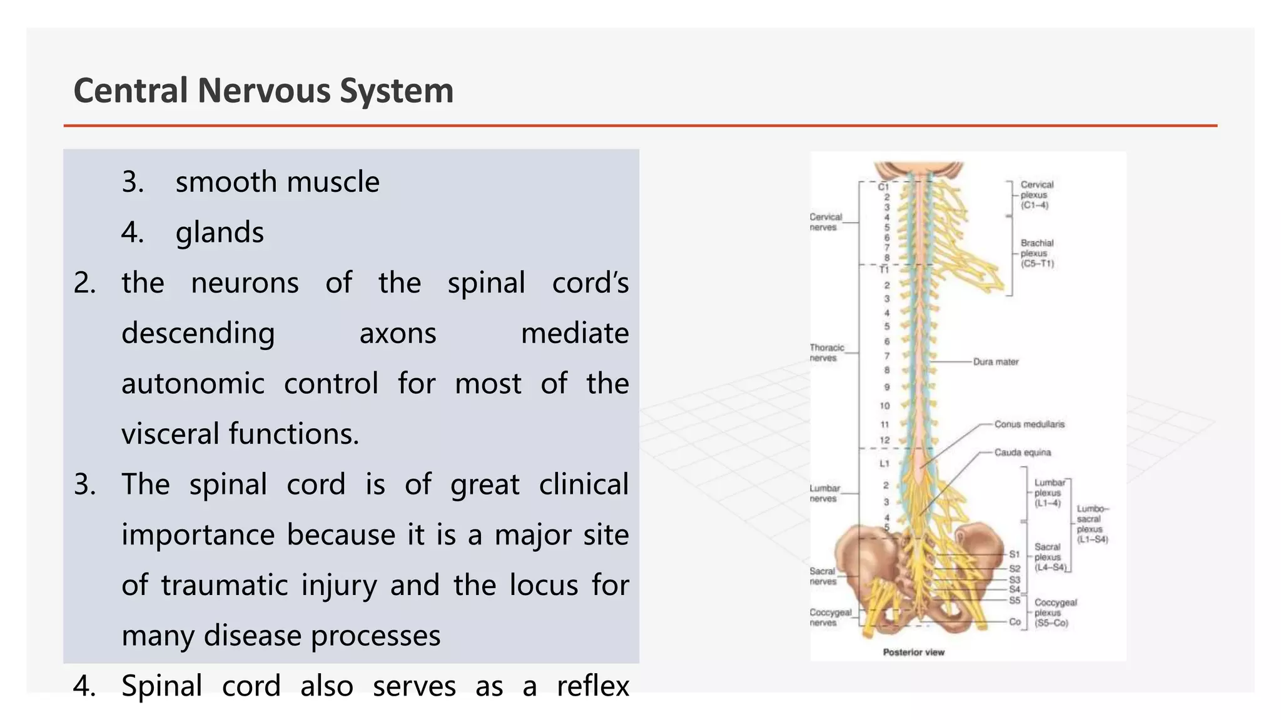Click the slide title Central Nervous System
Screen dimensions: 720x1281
point(263,91)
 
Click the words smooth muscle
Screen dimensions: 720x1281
point(277,182)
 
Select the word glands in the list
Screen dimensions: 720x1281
point(220,232)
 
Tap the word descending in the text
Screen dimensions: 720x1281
point(198,333)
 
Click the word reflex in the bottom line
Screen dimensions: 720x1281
point(592,686)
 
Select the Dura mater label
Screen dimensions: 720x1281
point(995,362)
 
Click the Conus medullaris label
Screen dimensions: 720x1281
point(1029,424)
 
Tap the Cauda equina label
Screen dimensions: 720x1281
point(1022,452)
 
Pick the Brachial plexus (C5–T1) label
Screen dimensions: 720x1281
point(1037,253)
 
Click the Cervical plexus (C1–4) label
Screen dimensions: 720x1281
point(1036,194)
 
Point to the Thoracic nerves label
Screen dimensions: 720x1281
point(826,352)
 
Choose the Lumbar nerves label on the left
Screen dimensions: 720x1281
point(824,493)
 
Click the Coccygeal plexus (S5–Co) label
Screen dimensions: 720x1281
point(1055,612)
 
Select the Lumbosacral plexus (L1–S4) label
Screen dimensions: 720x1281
point(1091,524)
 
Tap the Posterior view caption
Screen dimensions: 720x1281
point(913,652)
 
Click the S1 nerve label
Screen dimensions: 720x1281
point(1014,554)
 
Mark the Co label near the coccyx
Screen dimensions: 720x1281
point(1015,622)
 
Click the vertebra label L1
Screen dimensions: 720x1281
point(884,464)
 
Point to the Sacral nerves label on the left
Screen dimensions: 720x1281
point(823,576)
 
